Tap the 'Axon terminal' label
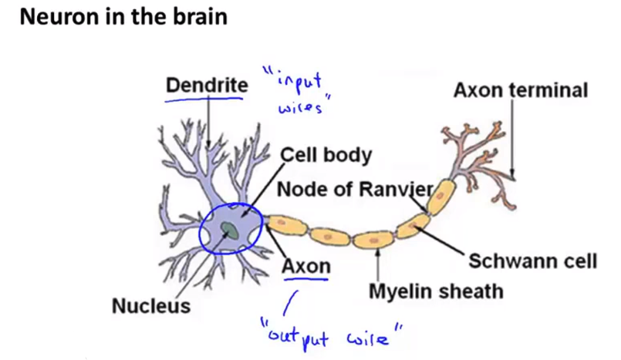pos(519,90)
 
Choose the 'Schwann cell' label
pos(532,261)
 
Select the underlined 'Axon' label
pos(306,266)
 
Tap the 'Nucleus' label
pos(151,306)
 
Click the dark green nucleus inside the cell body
pos(228,228)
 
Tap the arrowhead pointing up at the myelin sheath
pos(378,252)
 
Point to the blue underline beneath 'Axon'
pos(306,278)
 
